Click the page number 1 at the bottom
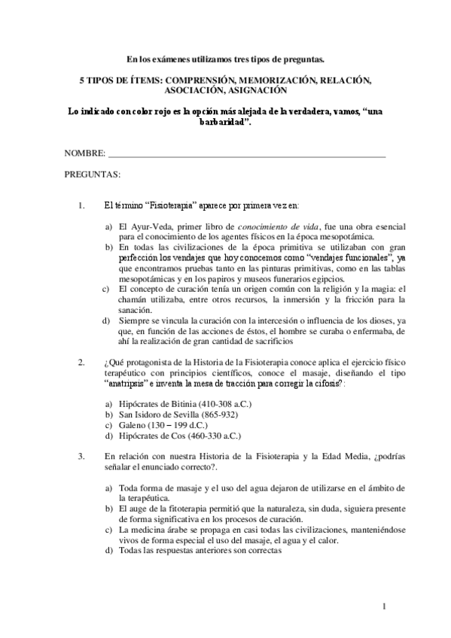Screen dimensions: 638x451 tap(384, 606)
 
